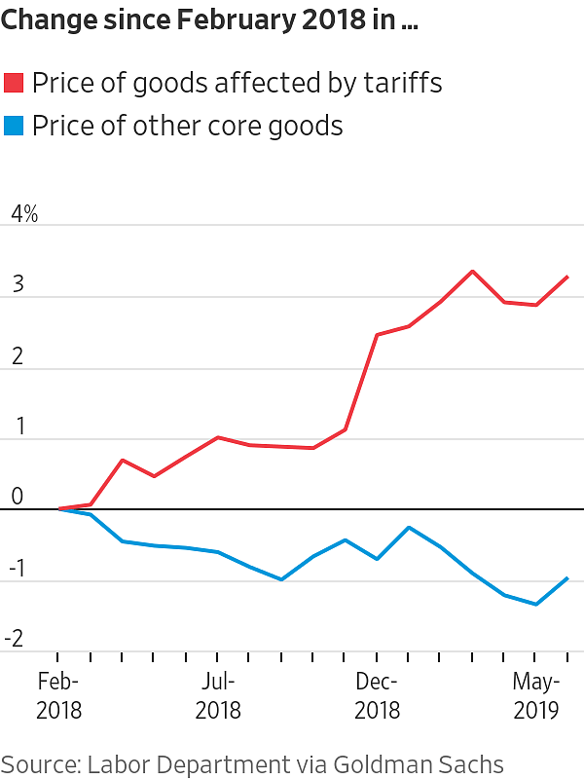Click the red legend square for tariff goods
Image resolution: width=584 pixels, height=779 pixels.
(x=15, y=84)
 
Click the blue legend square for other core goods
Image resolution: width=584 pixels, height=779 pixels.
(x=15, y=127)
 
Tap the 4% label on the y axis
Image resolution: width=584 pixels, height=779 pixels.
(x=24, y=214)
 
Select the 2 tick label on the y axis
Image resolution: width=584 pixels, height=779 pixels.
(x=17, y=357)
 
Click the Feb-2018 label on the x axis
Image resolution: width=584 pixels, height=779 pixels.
(x=58, y=695)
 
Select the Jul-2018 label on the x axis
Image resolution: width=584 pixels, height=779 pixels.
(x=218, y=695)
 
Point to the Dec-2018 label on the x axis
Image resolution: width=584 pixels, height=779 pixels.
(x=377, y=695)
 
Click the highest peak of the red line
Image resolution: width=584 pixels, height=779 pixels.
(x=472, y=271)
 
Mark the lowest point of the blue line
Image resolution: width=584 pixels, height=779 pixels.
(x=535, y=605)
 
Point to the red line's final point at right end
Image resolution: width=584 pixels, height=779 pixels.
(x=567, y=277)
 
